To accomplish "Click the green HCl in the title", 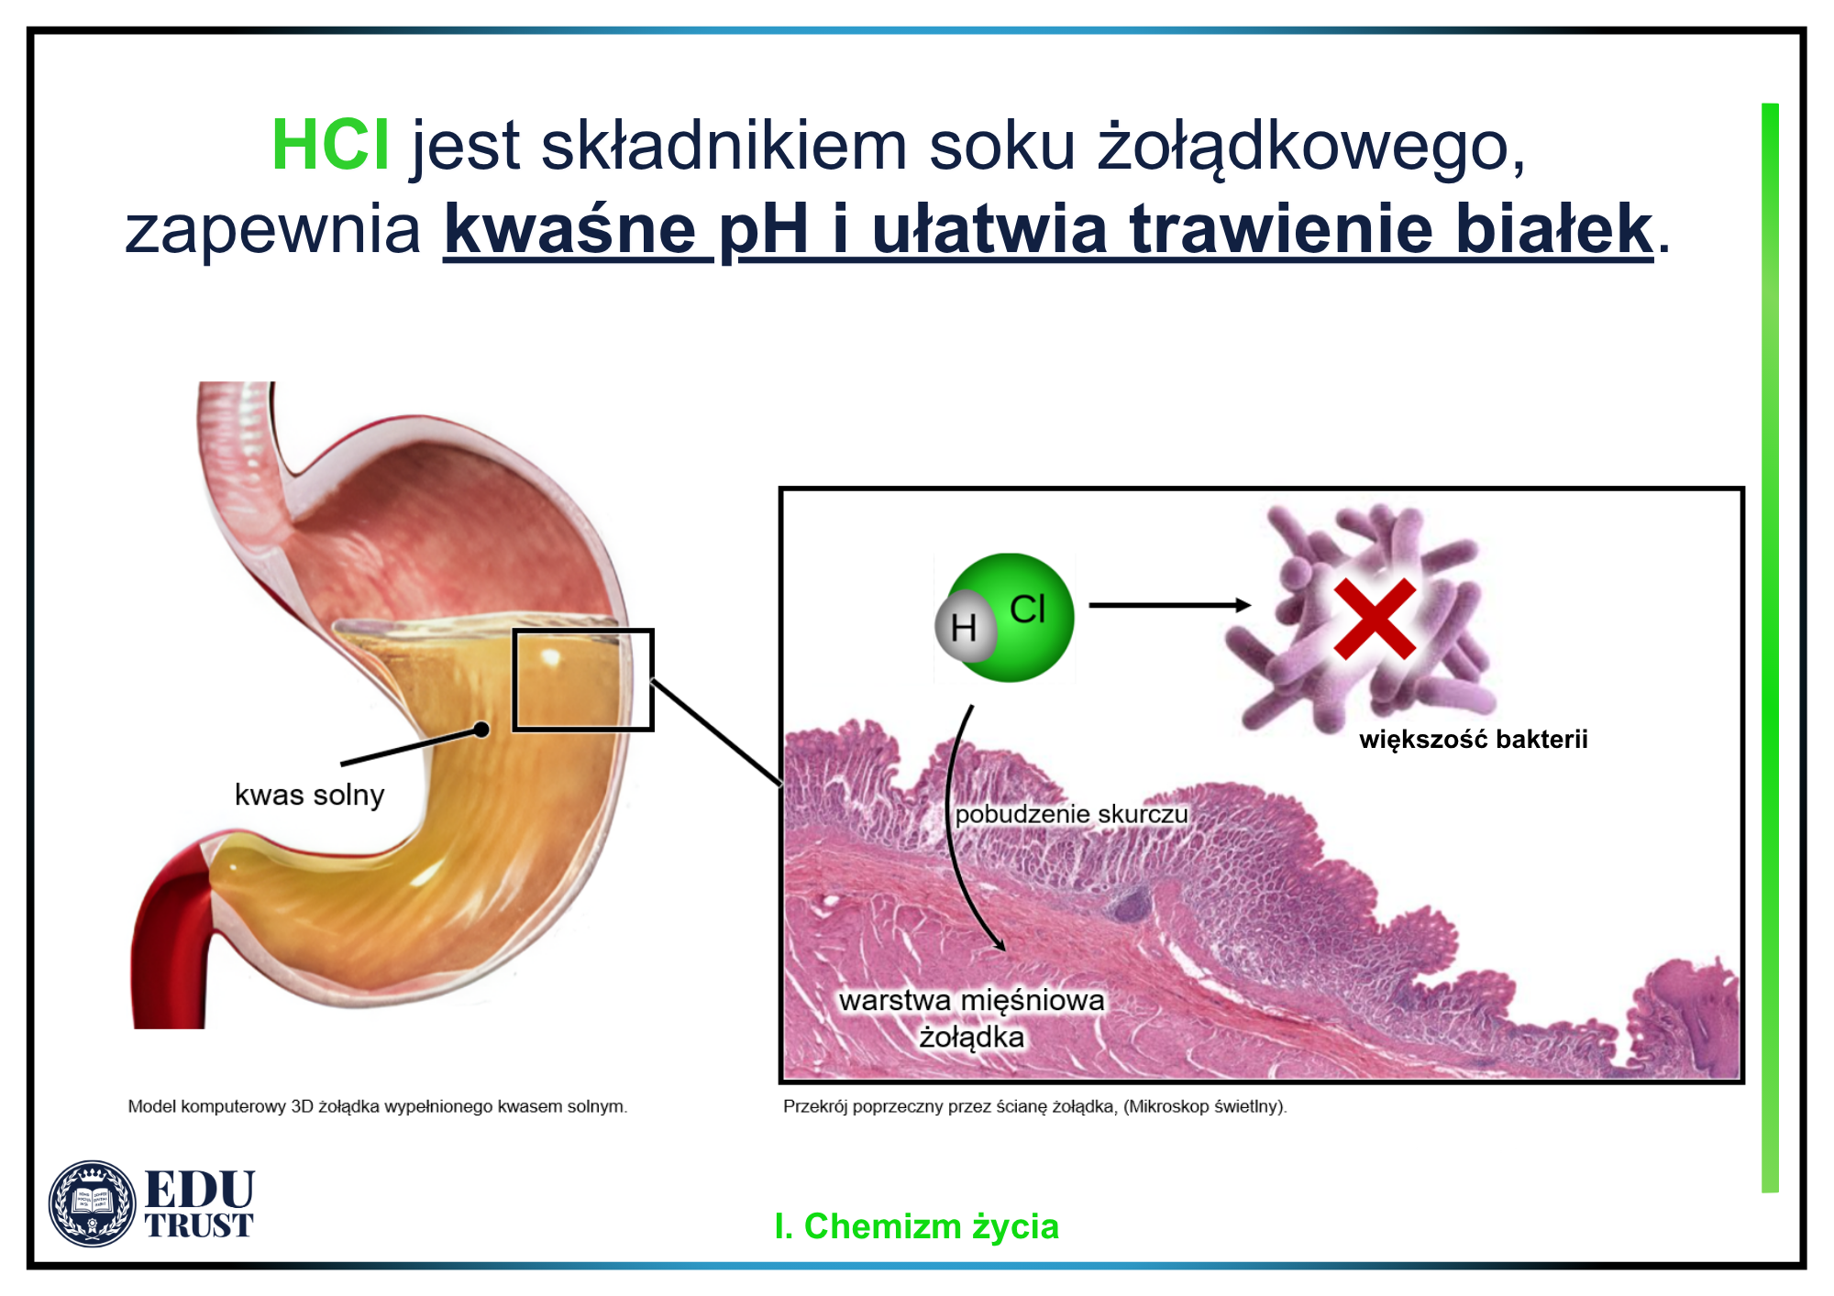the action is click(331, 145).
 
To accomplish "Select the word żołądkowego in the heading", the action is click(1311, 147).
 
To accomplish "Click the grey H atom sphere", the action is click(965, 627).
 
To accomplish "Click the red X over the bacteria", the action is click(1375, 619).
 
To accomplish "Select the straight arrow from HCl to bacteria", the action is click(1170, 605).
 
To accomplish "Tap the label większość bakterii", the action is click(1473, 740).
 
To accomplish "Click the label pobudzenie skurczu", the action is click(1071, 814).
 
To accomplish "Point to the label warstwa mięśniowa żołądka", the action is click(972, 1018).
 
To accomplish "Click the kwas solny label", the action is click(309, 795).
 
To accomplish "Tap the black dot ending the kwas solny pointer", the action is click(481, 730).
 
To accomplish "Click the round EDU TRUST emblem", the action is click(92, 1203).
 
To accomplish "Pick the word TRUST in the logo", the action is click(199, 1225).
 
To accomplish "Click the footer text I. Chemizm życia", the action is click(916, 1226).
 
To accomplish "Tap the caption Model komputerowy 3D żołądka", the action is click(378, 1106).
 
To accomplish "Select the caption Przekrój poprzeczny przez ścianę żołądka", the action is click(1034, 1106).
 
